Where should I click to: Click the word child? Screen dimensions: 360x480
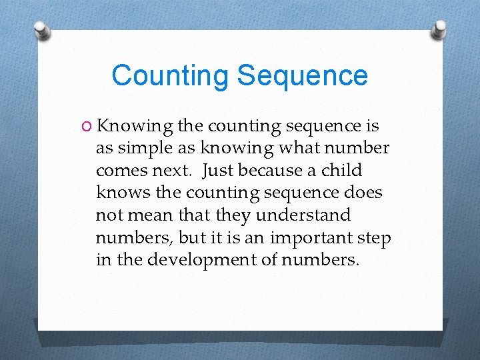point(341,171)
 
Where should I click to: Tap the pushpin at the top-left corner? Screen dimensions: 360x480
point(41,30)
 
